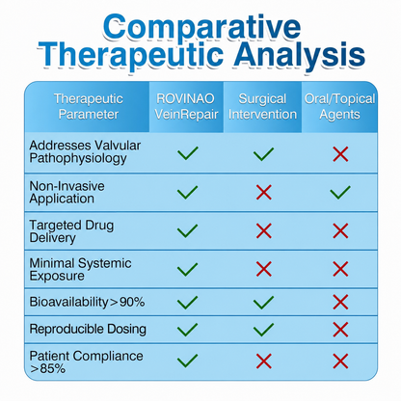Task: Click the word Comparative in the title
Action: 202,28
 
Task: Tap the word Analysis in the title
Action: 300,55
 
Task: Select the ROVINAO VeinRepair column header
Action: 186,107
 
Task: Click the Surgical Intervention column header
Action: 262,107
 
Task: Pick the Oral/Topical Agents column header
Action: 339,107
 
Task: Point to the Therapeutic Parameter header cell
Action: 89,107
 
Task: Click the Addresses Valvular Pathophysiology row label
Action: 85,152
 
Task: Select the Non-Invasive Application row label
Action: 67,192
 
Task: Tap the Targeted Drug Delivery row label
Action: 71,231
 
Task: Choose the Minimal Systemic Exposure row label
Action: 80,269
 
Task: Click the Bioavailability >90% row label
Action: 87,302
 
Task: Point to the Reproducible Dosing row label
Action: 88,329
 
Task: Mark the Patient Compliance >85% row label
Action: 86,361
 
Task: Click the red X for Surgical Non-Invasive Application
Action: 264,192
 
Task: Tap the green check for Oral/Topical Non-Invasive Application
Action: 340,192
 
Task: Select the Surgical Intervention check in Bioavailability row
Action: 263,302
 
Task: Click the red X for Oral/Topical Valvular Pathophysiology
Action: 340,154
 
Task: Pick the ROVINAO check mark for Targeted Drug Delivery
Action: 187,230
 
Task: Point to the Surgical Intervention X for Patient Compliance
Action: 264,361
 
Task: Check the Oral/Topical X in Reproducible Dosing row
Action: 340,330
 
